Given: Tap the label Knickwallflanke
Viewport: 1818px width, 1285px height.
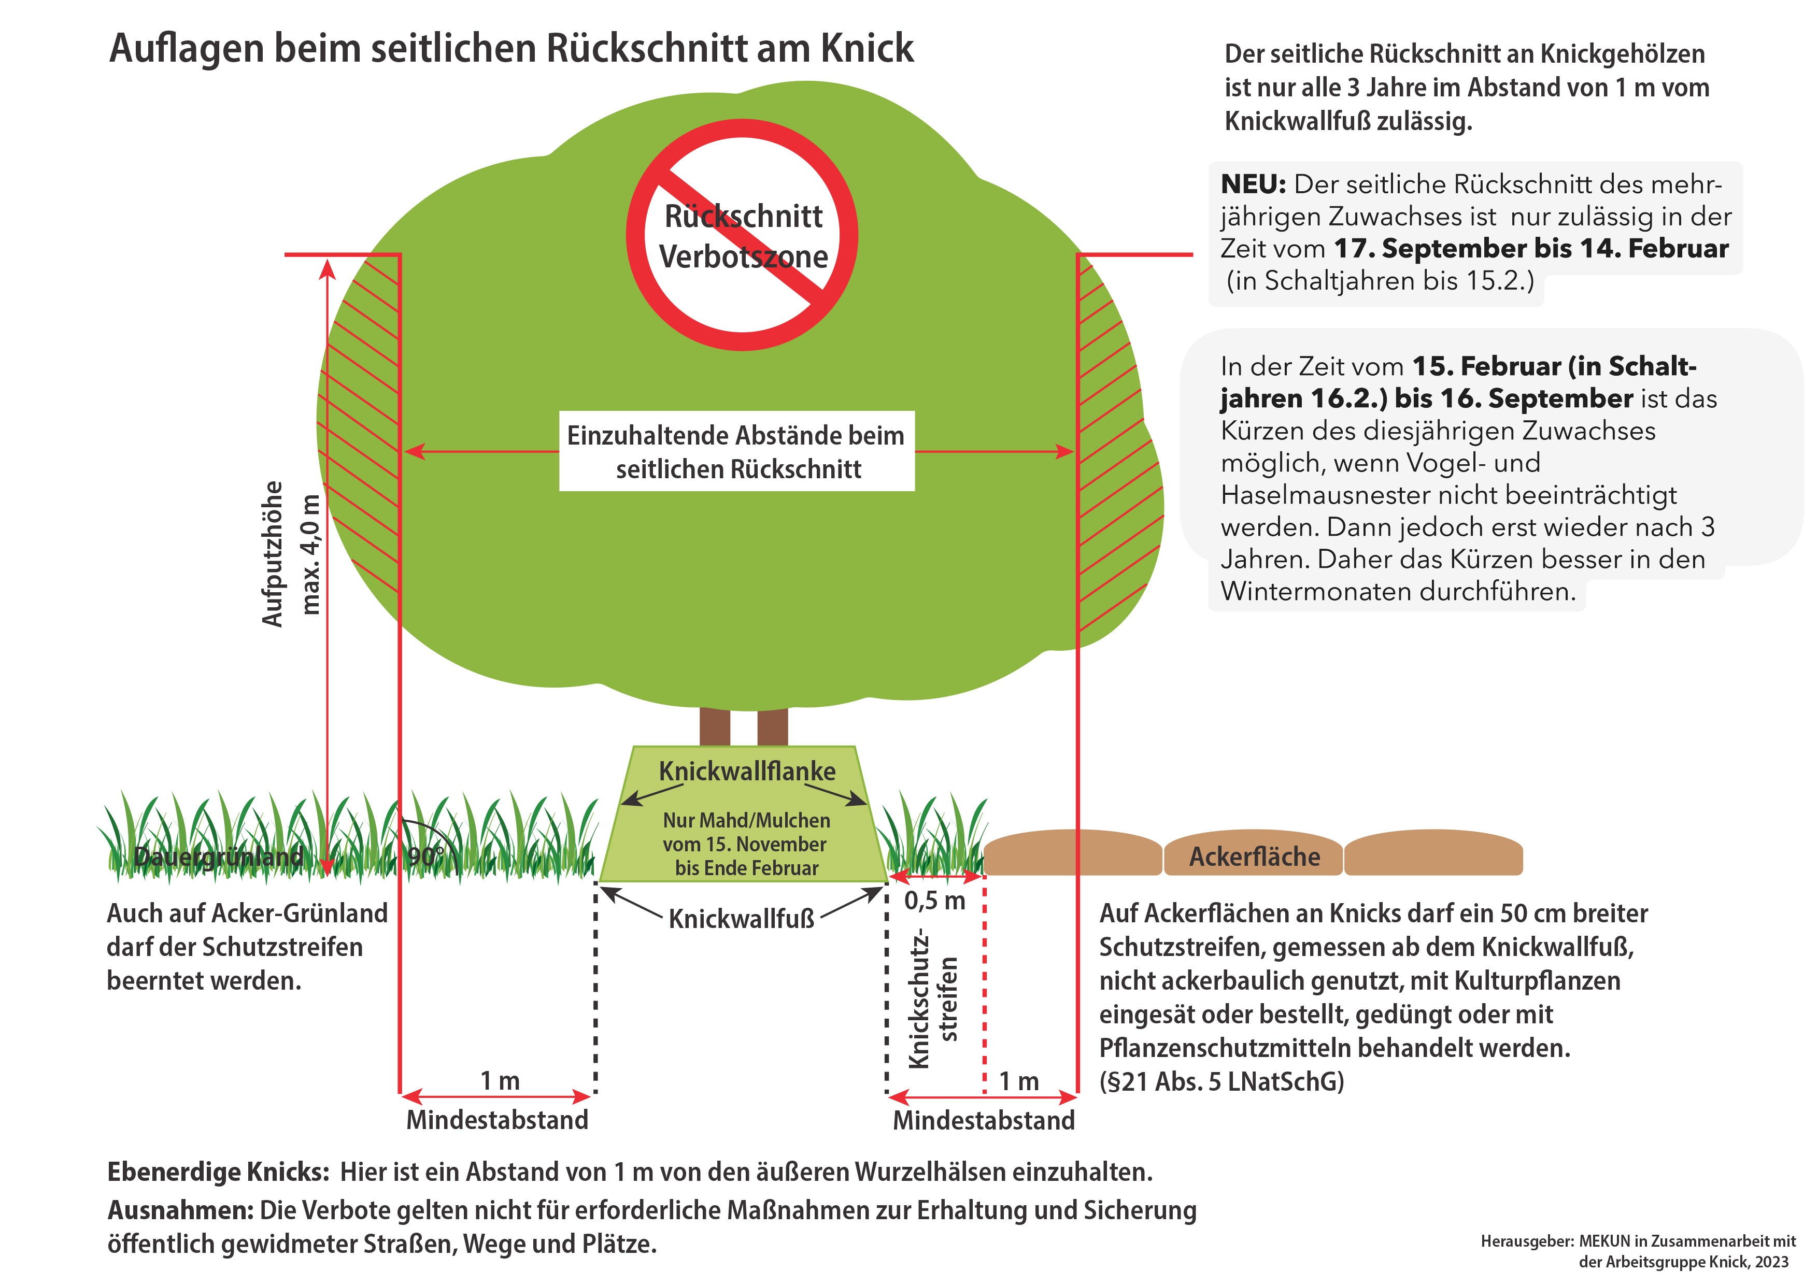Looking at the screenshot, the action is click(x=747, y=771).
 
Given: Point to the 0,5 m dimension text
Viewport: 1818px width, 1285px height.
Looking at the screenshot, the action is click(x=934, y=900).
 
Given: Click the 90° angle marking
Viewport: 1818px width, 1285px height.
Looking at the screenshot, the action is click(x=426, y=856).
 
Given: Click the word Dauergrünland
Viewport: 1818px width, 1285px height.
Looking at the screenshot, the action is click(x=219, y=856).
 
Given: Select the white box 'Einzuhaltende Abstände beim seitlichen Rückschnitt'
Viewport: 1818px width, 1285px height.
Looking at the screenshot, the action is click(x=736, y=451).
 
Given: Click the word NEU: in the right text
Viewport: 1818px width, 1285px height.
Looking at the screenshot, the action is click(x=1254, y=184).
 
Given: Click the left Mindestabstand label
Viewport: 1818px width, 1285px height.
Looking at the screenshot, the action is click(x=498, y=1120).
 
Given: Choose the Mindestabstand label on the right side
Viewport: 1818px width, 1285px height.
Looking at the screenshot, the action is click(x=984, y=1120).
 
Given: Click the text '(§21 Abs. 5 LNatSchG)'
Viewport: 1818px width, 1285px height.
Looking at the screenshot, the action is click(x=1222, y=1081).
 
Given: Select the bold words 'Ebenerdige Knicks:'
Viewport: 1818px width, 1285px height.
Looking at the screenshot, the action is click(x=219, y=1172).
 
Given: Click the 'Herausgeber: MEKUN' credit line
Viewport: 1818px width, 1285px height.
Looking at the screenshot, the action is click(x=1638, y=1241).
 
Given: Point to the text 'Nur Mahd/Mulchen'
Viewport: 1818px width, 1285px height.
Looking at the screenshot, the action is click(x=747, y=820).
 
